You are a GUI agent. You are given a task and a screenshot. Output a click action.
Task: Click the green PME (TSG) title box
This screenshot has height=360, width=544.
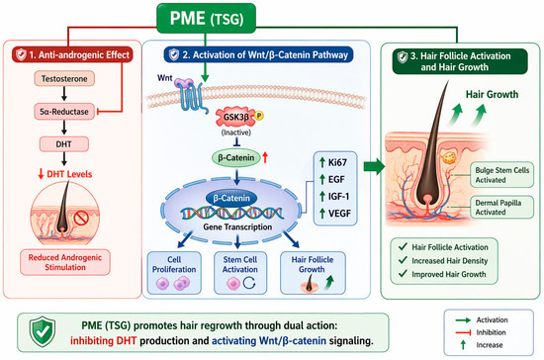pos(206,19)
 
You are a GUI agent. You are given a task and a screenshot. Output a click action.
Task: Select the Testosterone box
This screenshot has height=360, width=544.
pos(64,79)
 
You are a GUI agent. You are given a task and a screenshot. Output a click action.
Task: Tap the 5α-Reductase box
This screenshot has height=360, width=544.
pos(64,112)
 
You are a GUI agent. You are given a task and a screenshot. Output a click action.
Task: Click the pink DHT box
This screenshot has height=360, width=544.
pos(64,144)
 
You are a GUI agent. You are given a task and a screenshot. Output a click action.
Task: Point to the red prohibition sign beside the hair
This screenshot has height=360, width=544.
pos(81,219)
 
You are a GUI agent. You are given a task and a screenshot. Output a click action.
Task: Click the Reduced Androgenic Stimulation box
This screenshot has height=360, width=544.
pos(65,262)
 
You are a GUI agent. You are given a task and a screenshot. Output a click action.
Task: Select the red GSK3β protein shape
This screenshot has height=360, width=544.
pos(236,117)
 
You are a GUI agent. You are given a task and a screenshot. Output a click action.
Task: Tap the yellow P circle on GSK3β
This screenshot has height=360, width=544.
pos(259,115)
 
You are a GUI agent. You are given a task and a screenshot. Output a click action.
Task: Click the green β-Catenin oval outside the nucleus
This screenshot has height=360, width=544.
pos(236,158)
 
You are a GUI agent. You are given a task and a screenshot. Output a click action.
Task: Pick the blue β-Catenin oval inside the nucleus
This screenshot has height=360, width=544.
pos(231,198)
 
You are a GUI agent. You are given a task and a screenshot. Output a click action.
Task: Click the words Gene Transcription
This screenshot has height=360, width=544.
pos(237,226)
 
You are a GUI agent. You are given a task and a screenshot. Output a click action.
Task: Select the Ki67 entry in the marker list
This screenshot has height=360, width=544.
pos(333,162)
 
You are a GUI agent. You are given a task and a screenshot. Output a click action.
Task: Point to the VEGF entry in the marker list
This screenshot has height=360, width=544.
pos(335,214)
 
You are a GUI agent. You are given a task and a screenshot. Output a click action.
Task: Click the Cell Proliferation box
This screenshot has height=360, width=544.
pos(174,273)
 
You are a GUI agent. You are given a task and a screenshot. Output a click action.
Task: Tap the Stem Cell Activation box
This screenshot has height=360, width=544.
pos(240,273)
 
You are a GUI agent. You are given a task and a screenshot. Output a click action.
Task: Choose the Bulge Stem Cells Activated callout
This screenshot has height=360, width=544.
pos(501,175)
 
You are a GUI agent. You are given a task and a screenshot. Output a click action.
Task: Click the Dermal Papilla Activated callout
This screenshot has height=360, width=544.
pos(501,207)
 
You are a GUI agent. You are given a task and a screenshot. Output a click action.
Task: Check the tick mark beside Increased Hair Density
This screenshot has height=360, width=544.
pos(403,260)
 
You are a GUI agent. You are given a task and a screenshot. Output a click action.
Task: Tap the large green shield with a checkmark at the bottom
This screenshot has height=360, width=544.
pos(43,331)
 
